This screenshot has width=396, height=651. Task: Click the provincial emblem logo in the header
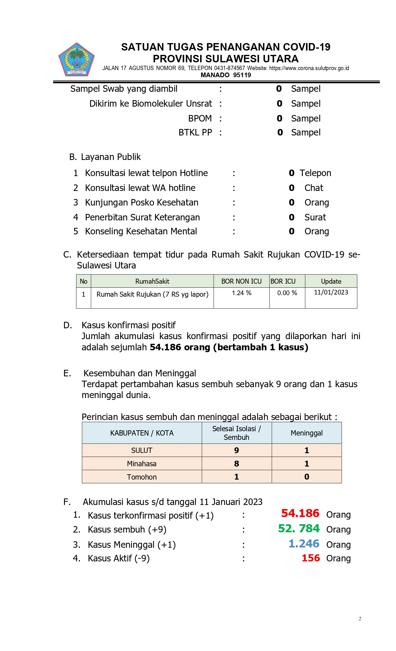(76, 60)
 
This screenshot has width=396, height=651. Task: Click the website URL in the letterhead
(309, 68)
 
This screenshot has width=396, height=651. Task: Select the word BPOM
(200, 118)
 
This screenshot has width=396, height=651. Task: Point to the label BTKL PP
(195, 132)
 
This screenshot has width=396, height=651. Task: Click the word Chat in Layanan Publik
(314, 188)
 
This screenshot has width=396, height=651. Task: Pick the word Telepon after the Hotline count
(315, 173)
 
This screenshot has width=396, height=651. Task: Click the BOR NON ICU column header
(241, 281)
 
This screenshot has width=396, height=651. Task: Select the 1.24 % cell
(241, 293)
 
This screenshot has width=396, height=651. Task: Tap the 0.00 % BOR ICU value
(287, 293)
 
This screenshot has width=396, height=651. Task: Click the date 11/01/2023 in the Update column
(331, 292)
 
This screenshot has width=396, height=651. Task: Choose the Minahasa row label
(142, 464)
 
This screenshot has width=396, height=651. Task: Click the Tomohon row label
(142, 477)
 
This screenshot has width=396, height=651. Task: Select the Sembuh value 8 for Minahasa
(236, 464)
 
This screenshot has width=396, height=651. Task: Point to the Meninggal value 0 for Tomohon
(307, 477)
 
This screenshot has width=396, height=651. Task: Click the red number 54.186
(300, 513)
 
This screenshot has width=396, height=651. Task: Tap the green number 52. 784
(298, 529)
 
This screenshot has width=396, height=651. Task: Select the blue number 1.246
(303, 544)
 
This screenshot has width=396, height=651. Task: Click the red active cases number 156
(311, 558)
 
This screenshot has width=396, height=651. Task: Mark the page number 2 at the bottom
(360, 619)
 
